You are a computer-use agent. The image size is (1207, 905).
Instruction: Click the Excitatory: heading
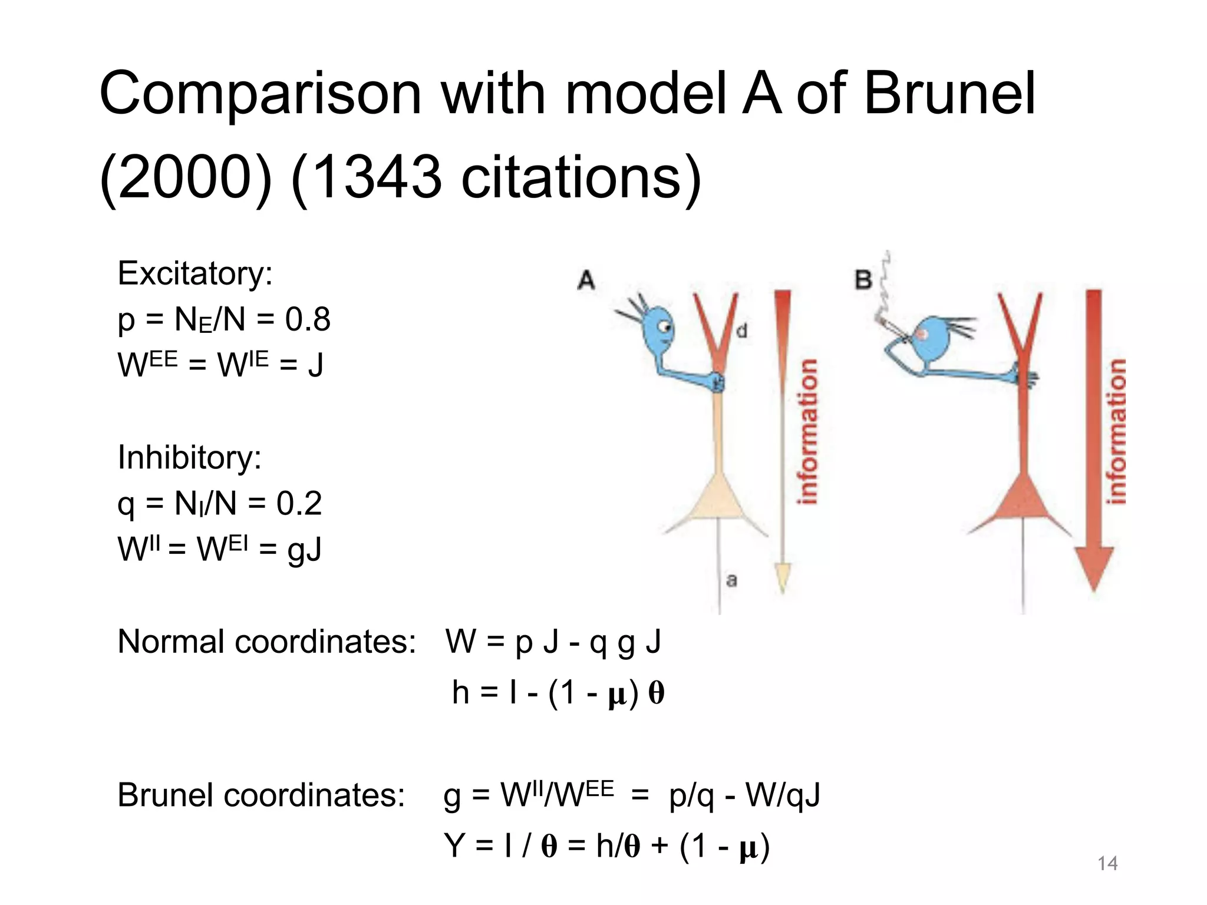tap(195, 274)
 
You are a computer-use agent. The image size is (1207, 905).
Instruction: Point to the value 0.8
tap(308, 320)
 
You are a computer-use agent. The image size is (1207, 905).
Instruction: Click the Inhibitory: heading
tap(190, 458)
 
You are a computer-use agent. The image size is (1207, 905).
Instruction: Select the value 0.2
tap(299, 504)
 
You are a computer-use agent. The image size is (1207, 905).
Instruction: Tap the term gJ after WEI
tap(304, 550)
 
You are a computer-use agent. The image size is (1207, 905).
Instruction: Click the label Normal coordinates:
tap(266, 642)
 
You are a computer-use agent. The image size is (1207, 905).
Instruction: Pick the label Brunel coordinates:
tap(261, 795)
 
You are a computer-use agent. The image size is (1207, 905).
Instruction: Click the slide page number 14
tap(1107, 864)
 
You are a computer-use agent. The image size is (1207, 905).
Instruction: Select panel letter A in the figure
tap(586, 280)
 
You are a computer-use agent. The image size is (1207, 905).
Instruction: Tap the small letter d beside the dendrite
tap(742, 331)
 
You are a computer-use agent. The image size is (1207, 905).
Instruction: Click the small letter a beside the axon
tap(731, 580)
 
